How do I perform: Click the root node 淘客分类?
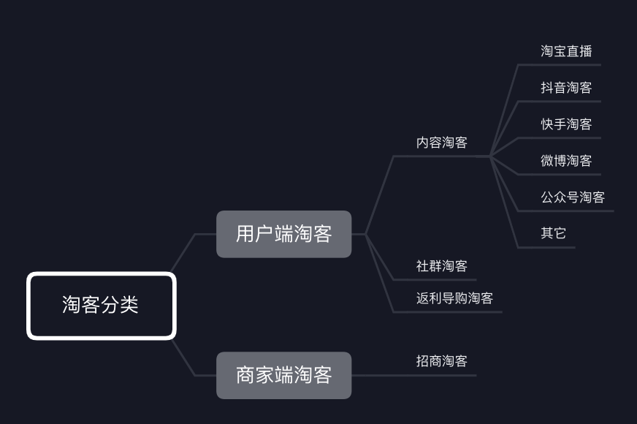[x=102, y=306]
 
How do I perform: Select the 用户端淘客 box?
[x=283, y=234]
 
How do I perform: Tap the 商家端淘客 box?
[x=283, y=375]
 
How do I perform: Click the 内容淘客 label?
[x=441, y=143]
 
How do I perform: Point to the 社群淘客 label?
[x=441, y=266]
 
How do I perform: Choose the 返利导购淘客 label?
[x=454, y=298]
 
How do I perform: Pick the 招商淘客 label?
[x=441, y=361]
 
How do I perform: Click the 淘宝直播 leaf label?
[x=566, y=51]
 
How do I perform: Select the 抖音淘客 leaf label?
[x=566, y=88]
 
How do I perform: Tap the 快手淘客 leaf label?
[x=566, y=124]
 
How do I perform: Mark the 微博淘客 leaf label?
[x=566, y=161]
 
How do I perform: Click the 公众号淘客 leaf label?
[x=573, y=197]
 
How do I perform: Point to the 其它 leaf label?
[x=553, y=234]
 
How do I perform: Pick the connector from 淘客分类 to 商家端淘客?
[x=184, y=359]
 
